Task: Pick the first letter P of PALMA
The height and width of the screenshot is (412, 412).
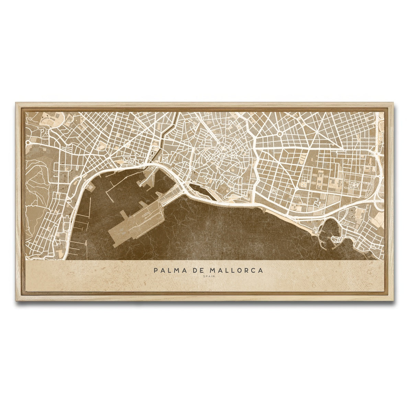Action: click(156, 271)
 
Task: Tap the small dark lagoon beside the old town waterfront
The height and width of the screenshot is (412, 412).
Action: click(199, 188)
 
